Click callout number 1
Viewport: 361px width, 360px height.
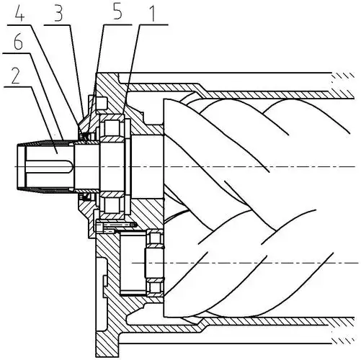(x=152, y=12)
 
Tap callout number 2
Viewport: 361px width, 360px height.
(x=15, y=76)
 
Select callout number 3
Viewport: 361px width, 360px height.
(x=58, y=13)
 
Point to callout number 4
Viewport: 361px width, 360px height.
(x=19, y=13)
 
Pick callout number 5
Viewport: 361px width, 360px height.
(x=117, y=12)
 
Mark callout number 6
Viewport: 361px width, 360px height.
(x=18, y=42)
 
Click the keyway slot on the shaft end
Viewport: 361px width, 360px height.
(x=49, y=166)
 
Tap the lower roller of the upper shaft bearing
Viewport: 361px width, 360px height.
(x=112, y=204)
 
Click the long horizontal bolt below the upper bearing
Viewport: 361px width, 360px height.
(x=116, y=225)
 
